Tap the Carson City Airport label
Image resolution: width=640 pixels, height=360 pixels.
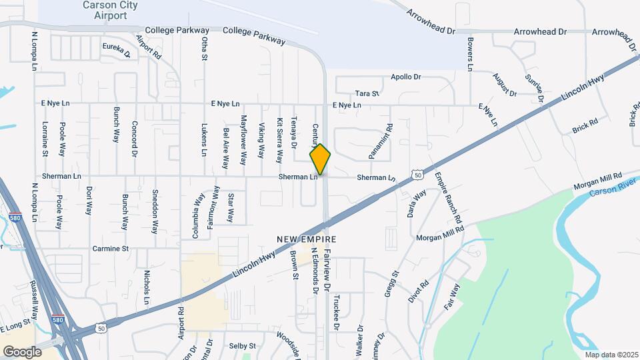click(106, 9)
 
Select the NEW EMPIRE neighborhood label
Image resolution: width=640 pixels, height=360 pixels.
click(307, 239)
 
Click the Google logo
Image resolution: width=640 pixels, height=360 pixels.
click(22, 351)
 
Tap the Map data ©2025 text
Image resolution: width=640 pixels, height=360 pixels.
click(611, 355)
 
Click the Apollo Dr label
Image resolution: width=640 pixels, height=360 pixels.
click(406, 77)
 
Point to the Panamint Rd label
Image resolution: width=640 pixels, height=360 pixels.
click(381, 141)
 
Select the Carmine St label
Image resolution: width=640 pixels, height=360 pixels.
click(111, 249)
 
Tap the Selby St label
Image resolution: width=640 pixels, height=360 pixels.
click(243, 346)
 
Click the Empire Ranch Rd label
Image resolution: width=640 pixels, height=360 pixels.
click(448, 198)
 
